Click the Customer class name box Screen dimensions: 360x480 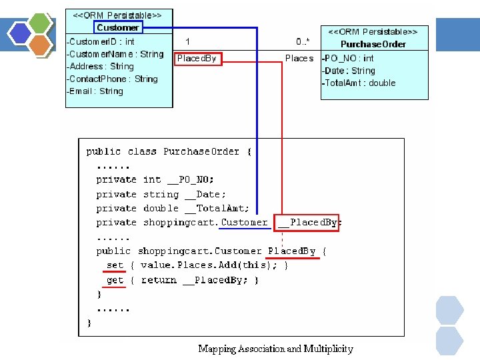pos(118,27)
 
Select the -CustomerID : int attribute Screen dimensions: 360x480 pos(101,42)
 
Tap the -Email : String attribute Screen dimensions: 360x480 pos(95,91)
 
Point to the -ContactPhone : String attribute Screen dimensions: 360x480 pos(113,79)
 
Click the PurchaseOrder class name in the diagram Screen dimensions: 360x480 pos(373,44)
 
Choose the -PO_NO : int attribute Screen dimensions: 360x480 pos(349,59)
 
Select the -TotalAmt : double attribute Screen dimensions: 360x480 pos(359,83)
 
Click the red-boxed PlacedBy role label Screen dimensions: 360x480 pos(197,59)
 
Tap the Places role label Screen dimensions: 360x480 pos(299,59)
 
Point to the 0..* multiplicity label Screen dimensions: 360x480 pos(303,42)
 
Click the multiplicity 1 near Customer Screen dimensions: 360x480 pos(188,42)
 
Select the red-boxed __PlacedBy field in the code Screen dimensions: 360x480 pos(308,223)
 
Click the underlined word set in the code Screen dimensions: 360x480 pos(115,265)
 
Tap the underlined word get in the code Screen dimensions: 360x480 pos(115,280)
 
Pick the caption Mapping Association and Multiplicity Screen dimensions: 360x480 pos(275,349)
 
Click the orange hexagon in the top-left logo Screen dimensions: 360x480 pos(41,45)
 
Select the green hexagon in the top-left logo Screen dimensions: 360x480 pos(41,22)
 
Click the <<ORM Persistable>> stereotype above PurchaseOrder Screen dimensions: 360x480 pos(373,31)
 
